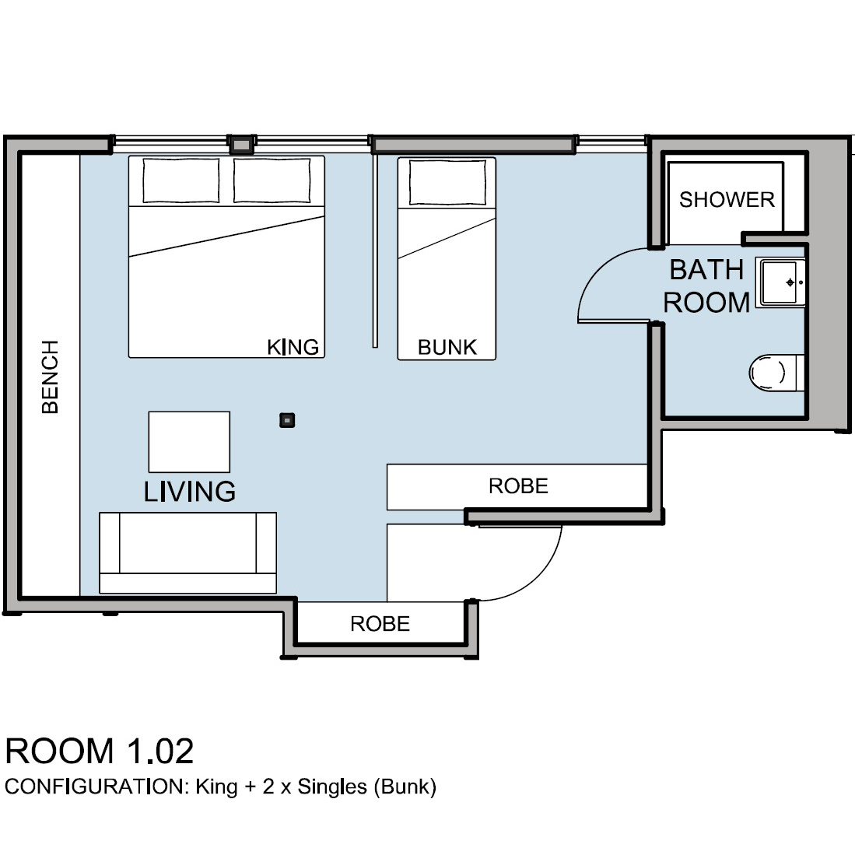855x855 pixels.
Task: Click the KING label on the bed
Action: coord(293,347)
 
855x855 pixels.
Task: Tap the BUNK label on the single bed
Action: coord(447,347)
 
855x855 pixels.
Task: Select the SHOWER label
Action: coord(727,200)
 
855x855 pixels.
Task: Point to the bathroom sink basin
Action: coord(780,282)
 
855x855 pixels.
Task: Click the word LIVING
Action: coord(190,492)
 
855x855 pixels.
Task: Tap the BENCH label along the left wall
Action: coord(50,377)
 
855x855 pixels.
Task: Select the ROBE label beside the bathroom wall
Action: coord(518,485)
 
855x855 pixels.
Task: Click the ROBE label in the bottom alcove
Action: coord(380,623)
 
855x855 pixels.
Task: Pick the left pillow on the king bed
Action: coord(181,180)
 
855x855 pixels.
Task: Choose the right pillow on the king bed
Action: coord(272,180)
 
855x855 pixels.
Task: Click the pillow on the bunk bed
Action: coord(447,182)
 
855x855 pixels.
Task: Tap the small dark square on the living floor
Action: coord(287,420)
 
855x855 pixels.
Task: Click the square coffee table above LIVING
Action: coord(189,442)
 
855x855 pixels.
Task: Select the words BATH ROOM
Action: coord(706,286)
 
